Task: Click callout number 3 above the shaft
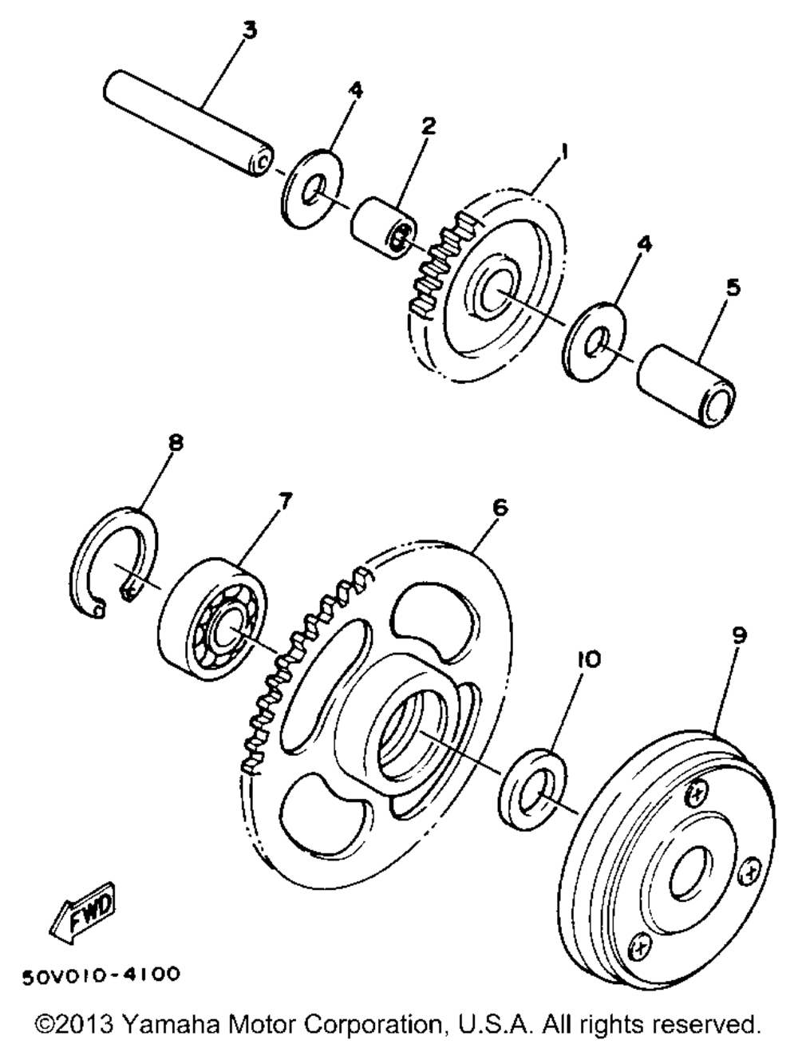click(x=250, y=31)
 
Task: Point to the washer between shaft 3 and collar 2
click(x=312, y=188)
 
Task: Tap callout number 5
click(x=732, y=287)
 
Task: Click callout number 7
click(x=285, y=501)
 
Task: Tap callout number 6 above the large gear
click(x=500, y=507)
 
